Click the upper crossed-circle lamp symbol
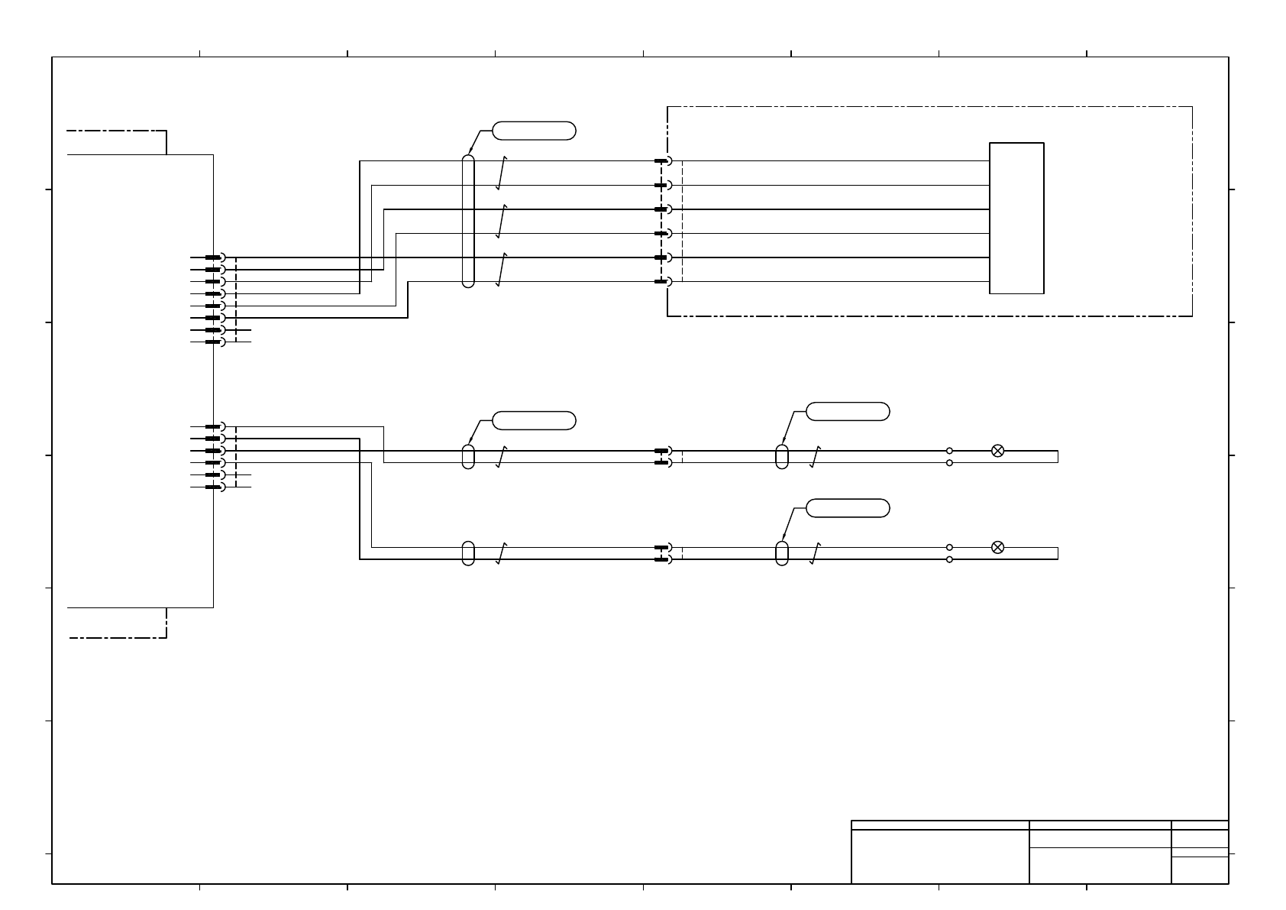[x=997, y=451]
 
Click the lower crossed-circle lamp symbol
[x=997, y=547]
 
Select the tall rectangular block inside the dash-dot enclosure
[x=1016, y=218]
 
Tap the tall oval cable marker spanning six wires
[x=468, y=222]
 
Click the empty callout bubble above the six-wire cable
[x=534, y=131]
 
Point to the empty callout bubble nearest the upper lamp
[x=848, y=411]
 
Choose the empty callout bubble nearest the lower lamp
[x=848, y=508]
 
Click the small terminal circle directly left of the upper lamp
[x=949, y=451]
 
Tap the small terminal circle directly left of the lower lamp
[x=949, y=547]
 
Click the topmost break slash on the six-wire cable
[x=501, y=174]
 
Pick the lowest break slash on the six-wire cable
[x=501, y=270]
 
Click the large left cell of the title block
[x=940, y=857]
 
